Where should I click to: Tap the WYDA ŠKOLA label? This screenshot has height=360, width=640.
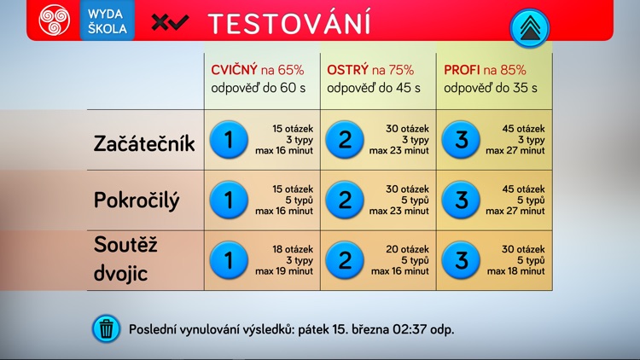[x=108, y=21]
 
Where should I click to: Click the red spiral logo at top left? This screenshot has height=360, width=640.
[x=53, y=21]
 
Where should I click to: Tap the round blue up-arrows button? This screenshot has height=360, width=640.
[x=530, y=28]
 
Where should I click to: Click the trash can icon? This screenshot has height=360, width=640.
[x=107, y=328]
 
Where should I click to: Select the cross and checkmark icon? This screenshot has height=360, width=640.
[x=170, y=23]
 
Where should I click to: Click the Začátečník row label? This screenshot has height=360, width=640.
[x=144, y=143]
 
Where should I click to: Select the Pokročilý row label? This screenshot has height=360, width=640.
[x=137, y=200]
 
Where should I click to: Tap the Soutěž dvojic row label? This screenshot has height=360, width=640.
[x=127, y=259]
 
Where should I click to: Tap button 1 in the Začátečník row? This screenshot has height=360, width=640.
[x=228, y=140]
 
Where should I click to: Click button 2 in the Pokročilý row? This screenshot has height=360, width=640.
[x=345, y=200]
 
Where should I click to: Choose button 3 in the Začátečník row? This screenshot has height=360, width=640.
[x=462, y=140]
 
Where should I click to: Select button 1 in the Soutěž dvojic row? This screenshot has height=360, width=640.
[x=228, y=259]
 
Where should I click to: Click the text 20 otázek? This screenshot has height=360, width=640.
[x=408, y=248]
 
